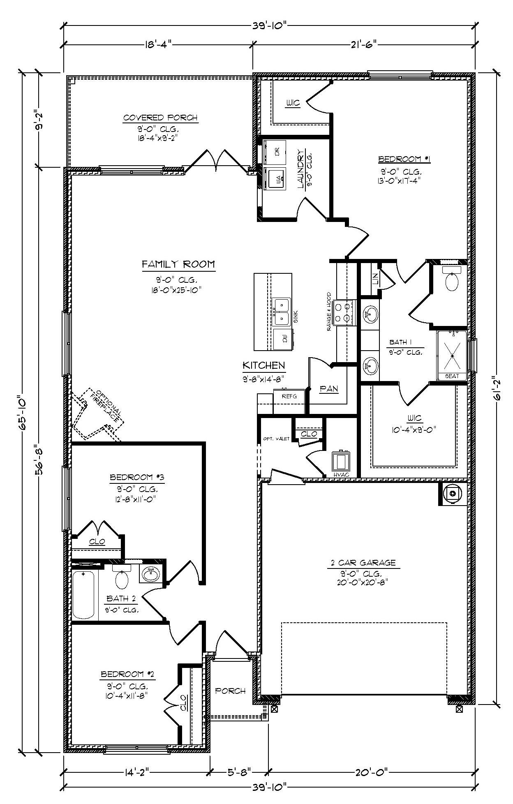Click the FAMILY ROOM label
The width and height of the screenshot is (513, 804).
click(178, 264)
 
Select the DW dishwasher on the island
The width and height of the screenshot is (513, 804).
click(283, 339)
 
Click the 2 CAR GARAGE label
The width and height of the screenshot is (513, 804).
click(363, 563)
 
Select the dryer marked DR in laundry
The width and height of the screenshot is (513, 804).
click(275, 152)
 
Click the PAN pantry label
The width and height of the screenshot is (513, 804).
click(329, 388)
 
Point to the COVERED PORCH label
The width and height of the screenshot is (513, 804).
click(160, 118)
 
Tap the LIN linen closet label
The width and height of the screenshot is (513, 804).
click(375, 280)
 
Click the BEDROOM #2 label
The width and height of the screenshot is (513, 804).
click(127, 675)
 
